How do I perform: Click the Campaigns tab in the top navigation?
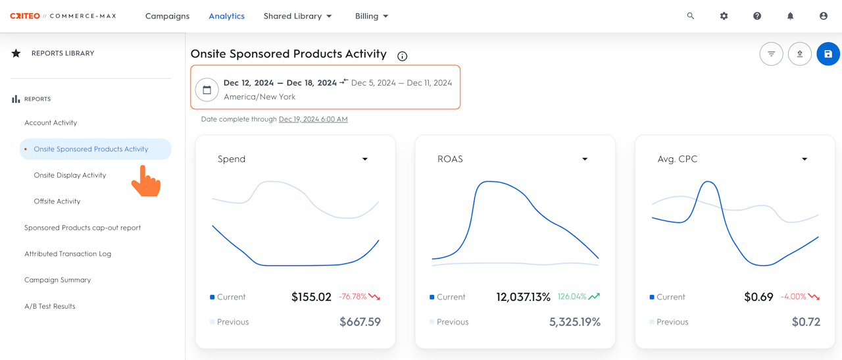[167, 16]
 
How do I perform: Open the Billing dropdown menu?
[372, 16]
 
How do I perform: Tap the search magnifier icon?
[691, 16]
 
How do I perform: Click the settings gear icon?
[724, 16]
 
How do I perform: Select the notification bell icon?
[791, 16]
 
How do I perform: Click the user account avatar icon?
[824, 16]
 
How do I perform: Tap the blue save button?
[828, 54]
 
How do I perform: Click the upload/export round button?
[799, 54]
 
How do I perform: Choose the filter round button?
[772, 54]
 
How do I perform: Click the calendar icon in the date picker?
[207, 90]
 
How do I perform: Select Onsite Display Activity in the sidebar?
[70, 175]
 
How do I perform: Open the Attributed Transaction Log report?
[68, 253]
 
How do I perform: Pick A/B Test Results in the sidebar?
[49, 306]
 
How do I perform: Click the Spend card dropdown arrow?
[364, 159]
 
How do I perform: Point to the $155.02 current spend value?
[311, 297]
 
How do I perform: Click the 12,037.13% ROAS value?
[523, 297]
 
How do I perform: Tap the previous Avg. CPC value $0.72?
[806, 322]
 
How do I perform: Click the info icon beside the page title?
[402, 56]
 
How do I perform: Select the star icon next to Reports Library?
[16, 53]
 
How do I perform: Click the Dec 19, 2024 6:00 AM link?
[313, 119]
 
